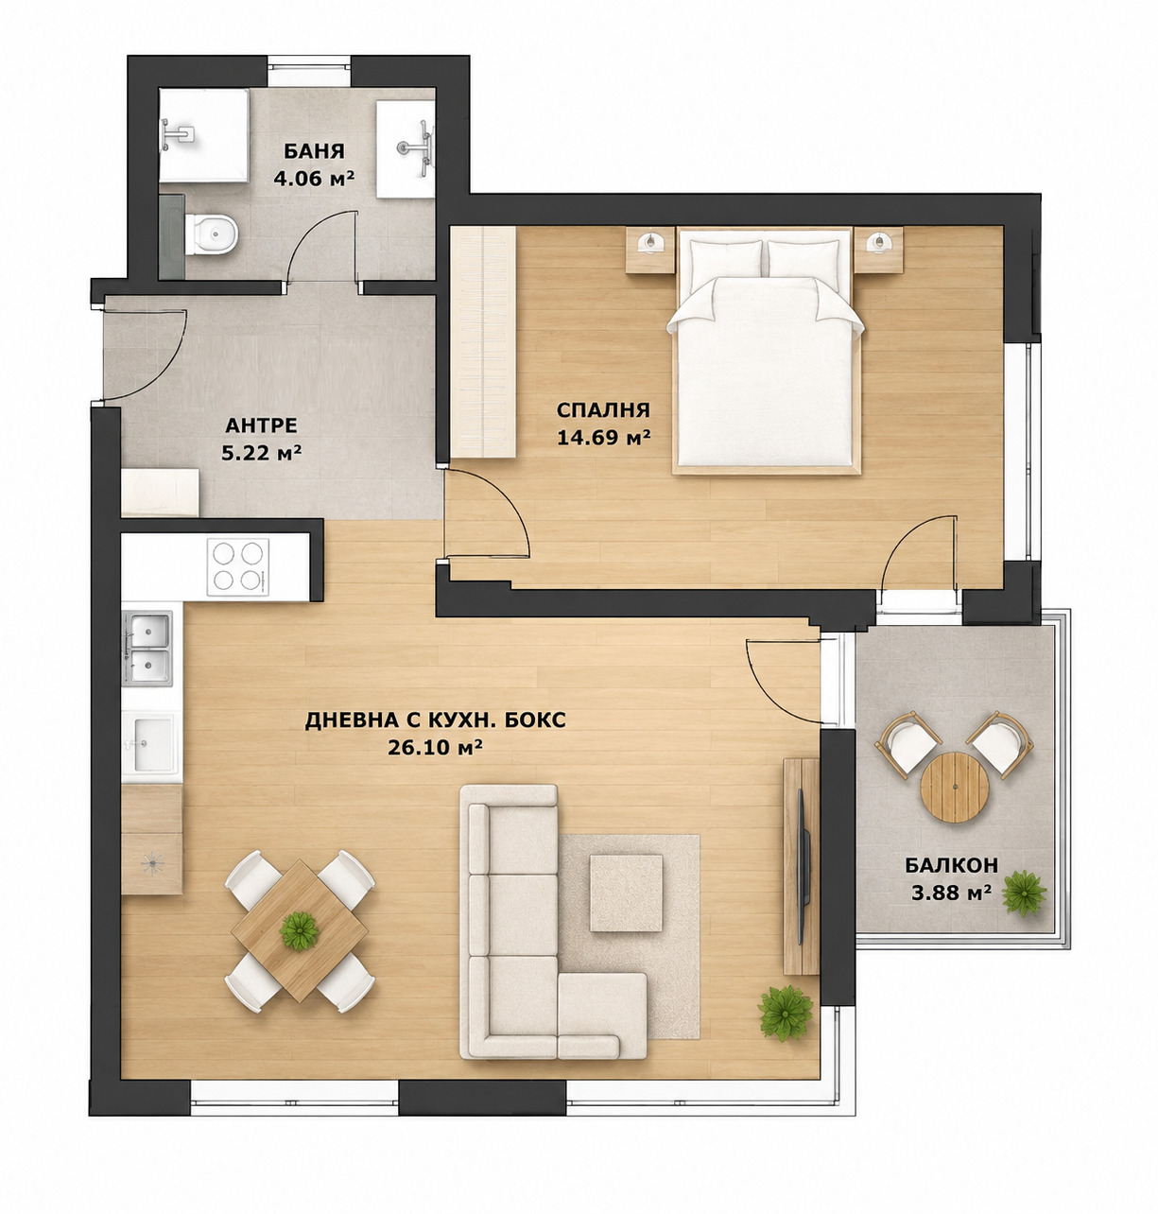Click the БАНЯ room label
[x=314, y=151]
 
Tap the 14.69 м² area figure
[x=603, y=438]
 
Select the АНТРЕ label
[x=261, y=425]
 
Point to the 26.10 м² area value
[x=435, y=748]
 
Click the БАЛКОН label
[x=952, y=866]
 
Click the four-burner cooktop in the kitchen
[x=238, y=567]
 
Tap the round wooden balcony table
[x=955, y=787]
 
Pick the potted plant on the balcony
[x=1024, y=893]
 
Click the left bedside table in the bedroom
[x=649, y=249]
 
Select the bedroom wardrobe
[x=482, y=341]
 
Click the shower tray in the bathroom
[x=204, y=135]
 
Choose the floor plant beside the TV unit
[x=786, y=1014]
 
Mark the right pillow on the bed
[x=803, y=259]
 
